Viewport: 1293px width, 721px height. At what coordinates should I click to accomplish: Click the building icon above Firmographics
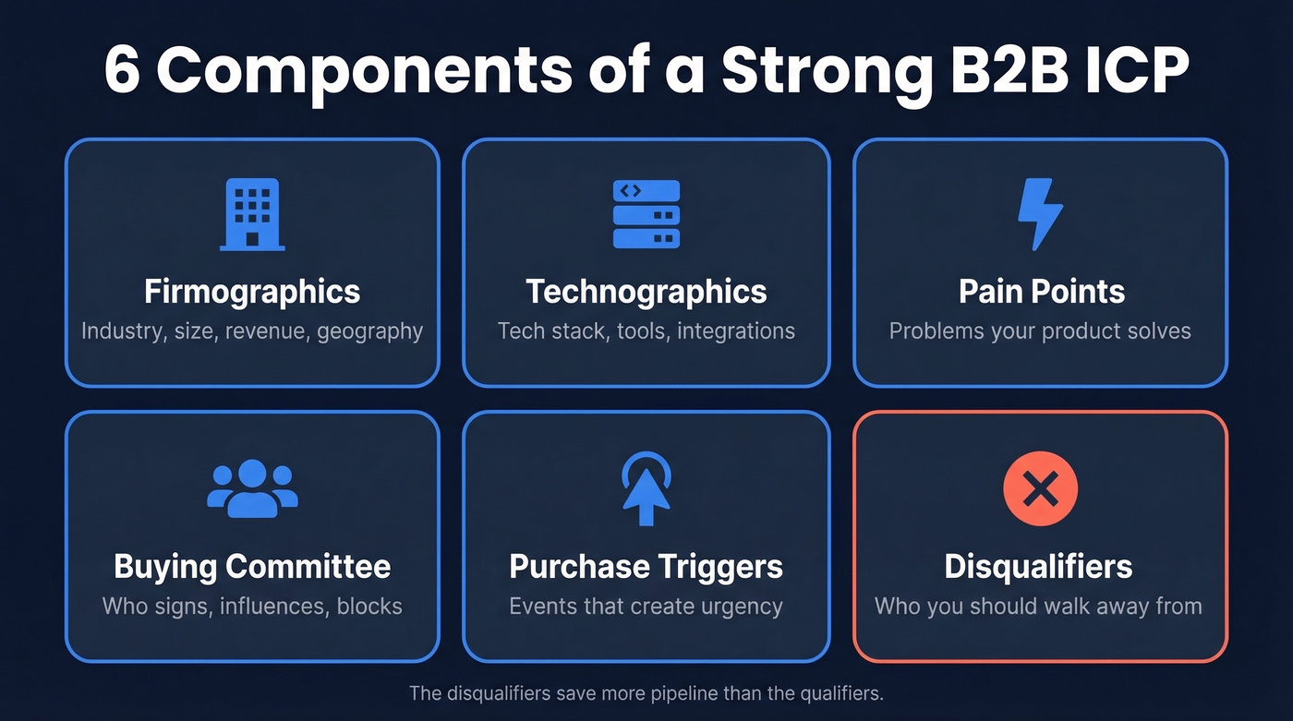coord(252,214)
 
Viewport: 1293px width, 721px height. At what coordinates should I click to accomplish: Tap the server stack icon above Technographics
coord(646,214)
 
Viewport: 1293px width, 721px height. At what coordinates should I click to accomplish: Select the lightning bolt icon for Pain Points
coord(1040,214)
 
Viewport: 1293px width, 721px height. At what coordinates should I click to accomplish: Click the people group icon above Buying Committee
coord(252,488)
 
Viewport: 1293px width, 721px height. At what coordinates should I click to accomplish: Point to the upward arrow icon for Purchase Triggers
coord(646,488)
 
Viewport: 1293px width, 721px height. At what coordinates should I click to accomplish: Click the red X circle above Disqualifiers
coord(1040,488)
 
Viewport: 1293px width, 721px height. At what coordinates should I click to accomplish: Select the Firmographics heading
coord(252,292)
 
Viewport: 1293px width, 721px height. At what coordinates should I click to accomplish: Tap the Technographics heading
coord(646,292)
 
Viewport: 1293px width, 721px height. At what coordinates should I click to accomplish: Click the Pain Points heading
coord(1041,292)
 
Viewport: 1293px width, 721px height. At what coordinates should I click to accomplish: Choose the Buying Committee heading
coord(252,566)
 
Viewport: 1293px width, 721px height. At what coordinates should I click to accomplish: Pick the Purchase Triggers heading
coord(646,566)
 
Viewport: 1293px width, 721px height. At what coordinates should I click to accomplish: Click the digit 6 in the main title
coord(123,71)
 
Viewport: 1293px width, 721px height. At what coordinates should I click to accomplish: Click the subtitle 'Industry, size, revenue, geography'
coord(252,330)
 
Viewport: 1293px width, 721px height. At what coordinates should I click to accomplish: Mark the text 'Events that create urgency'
coord(646,607)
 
